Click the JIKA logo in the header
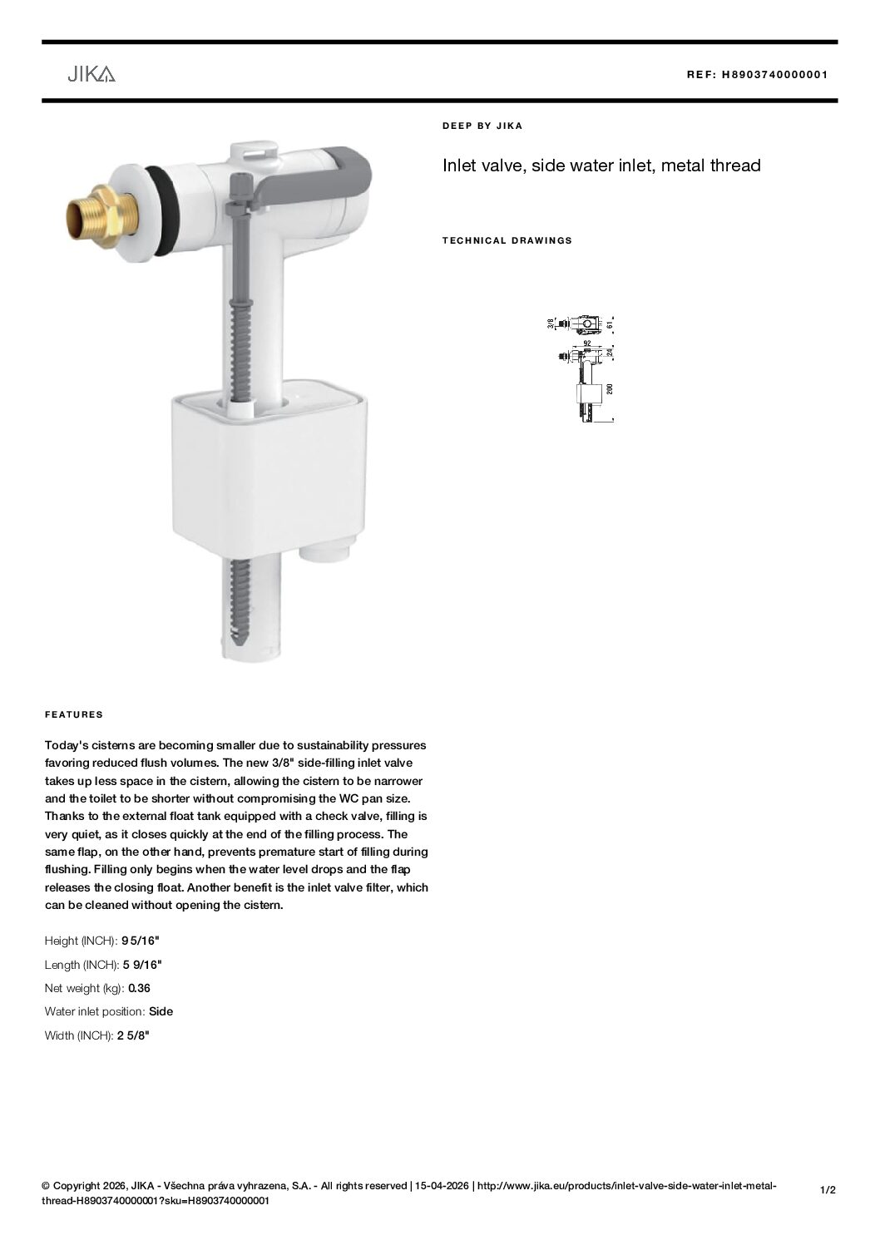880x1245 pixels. pos(91,75)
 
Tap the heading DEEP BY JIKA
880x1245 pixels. pos(482,126)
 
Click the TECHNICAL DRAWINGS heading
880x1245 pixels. pos(507,240)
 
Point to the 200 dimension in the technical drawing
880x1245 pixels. pos(610,390)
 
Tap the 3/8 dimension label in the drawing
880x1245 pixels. pos(551,324)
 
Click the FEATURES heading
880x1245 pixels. pos(74,714)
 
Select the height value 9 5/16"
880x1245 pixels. pos(140,941)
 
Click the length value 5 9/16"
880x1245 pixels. pos(142,965)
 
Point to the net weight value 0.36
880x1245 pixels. pos(139,988)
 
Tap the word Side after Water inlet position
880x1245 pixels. pos(161,1011)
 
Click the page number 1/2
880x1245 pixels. pos(828,1190)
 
